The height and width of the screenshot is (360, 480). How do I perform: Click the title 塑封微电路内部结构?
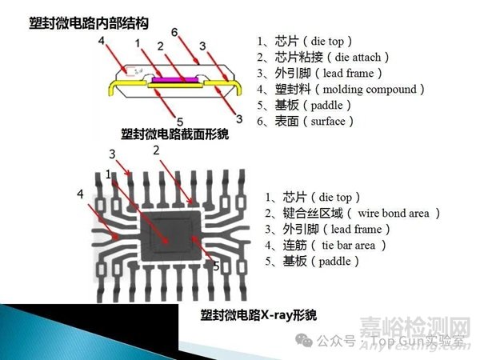tap(89, 23)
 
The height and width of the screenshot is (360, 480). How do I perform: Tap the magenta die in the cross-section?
tap(175, 79)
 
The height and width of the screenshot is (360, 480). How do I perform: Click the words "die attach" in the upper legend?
tap(358, 58)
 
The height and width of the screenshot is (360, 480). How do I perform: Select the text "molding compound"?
tap(370, 90)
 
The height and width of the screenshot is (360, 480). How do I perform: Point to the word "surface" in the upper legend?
tap(328, 122)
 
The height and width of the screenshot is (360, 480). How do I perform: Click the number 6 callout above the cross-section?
tap(174, 32)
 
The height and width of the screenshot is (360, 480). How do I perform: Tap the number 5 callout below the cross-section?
tap(180, 122)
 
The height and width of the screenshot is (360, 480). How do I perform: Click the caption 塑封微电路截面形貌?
tap(174, 134)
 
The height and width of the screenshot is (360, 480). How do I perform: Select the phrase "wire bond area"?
tap(394, 214)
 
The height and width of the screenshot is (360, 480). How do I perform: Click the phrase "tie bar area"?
tap(348, 246)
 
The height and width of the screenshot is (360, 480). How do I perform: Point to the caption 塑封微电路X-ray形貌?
tap(258, 315)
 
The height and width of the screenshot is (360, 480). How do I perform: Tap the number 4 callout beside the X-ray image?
tap(80, 194)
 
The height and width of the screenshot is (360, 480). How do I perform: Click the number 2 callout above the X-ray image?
tap(157, 150)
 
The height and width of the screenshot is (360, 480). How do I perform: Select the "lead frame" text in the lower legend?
tap(356, 230)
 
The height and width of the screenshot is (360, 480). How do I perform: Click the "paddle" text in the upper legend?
tap(327, 106)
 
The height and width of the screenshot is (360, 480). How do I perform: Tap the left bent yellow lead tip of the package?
tap(110, 91)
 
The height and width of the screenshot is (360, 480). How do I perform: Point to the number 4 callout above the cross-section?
tap(102, 41)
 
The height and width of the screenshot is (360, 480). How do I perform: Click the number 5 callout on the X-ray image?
tap(217, 266)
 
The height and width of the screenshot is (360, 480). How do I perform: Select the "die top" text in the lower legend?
tap(335, 198)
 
